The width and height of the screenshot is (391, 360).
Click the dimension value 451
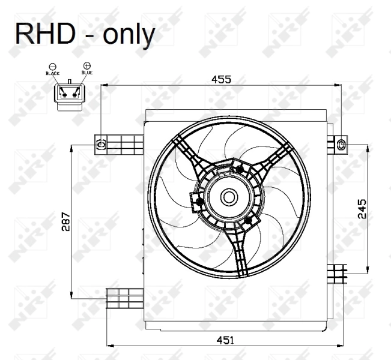(x=226, y=340)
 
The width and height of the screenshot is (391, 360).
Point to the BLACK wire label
(x=53, y=73)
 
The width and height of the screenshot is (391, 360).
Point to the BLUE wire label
(x=87, y=73)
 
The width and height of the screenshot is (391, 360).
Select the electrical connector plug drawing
(x=69, y=95)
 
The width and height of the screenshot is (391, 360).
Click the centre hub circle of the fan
(x=228, y=196)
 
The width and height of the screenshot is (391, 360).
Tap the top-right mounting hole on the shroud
(x=342, y=143)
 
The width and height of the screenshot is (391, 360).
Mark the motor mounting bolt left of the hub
(x=196, y=202)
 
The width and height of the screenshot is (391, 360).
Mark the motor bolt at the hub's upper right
(x=240, y=169)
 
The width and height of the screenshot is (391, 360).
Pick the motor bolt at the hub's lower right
(x=247, y=221)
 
